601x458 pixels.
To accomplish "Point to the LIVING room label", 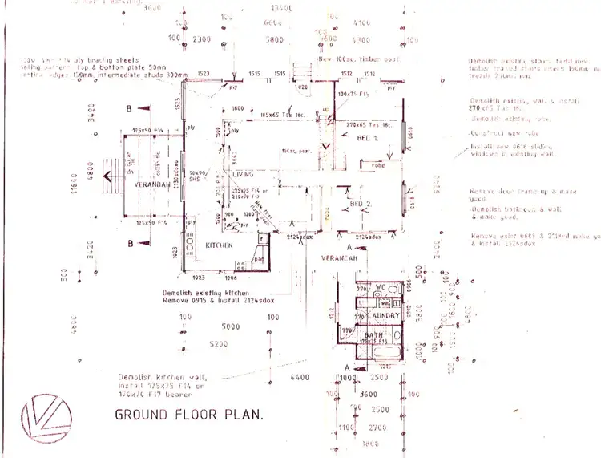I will (x=243, y=173).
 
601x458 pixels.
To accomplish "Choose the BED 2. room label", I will (x=362, y=204).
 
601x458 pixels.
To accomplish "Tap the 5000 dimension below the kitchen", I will (x=230, y=326).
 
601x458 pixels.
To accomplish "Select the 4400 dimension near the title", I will (x=299, y=377).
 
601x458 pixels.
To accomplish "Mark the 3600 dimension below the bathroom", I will (x=368, y=394).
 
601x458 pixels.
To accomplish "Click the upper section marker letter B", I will (x=127, y=107).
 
